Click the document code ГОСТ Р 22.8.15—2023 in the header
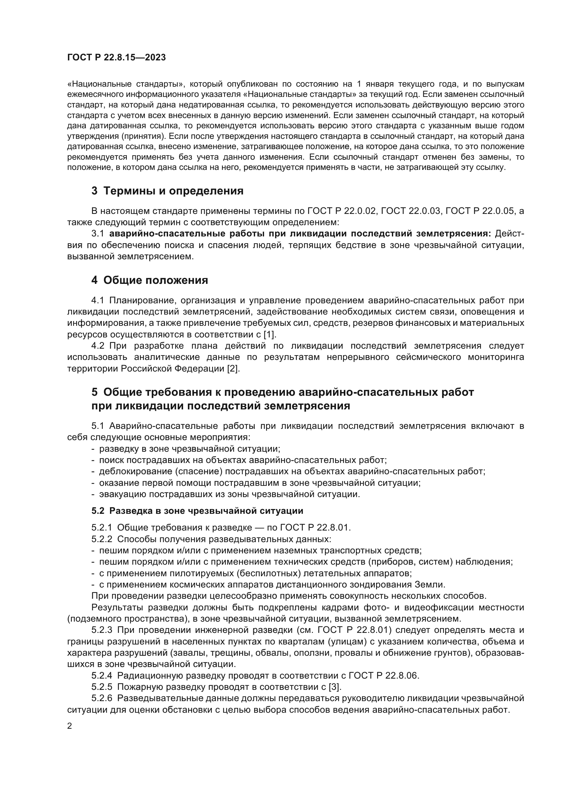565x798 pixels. point(116,57)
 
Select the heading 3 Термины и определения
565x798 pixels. point(167,191)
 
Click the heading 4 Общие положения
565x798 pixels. point(150,280)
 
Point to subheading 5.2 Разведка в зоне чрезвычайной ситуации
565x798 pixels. point(197,511)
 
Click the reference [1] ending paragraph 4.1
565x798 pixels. point(270,334)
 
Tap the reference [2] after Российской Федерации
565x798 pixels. point(233,368)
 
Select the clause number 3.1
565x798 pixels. point(98,234)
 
